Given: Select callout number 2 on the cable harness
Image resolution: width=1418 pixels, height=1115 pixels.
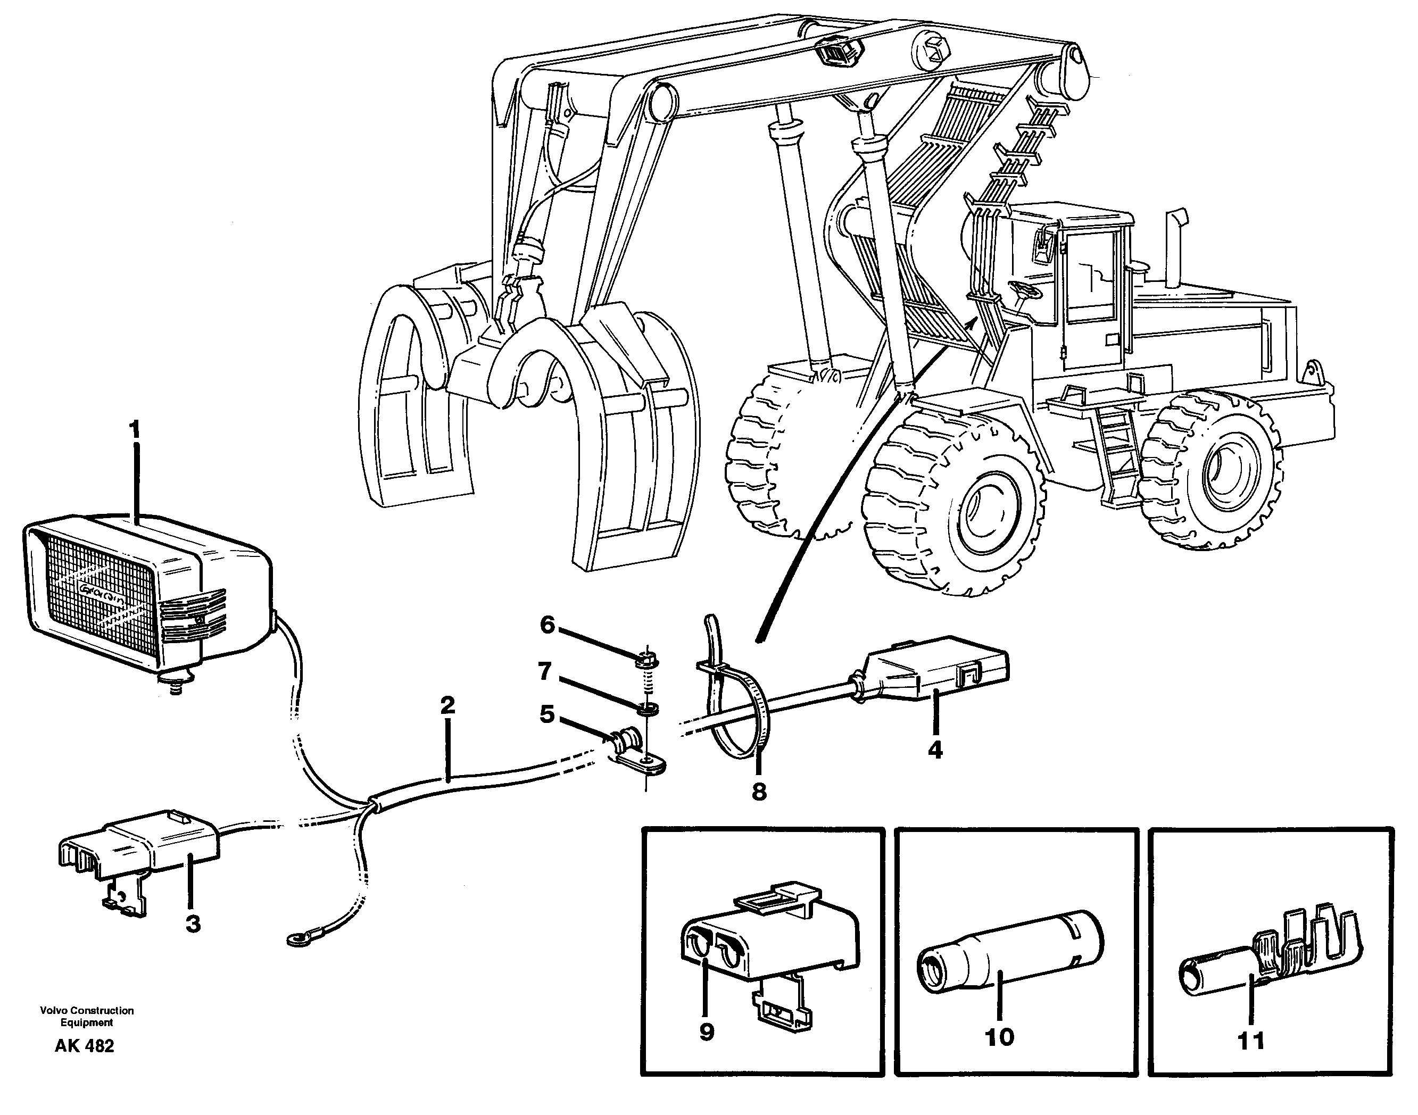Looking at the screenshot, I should coord(447,706).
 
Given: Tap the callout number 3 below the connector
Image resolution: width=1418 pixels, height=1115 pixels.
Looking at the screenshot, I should coord(193,925).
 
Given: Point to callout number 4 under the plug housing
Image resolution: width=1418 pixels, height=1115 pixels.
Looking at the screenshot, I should coord(935,751).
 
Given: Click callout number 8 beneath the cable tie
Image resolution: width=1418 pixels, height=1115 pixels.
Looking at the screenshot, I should coord(759,792).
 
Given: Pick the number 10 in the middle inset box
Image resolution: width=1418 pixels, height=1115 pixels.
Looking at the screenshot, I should coord(999,1037).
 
